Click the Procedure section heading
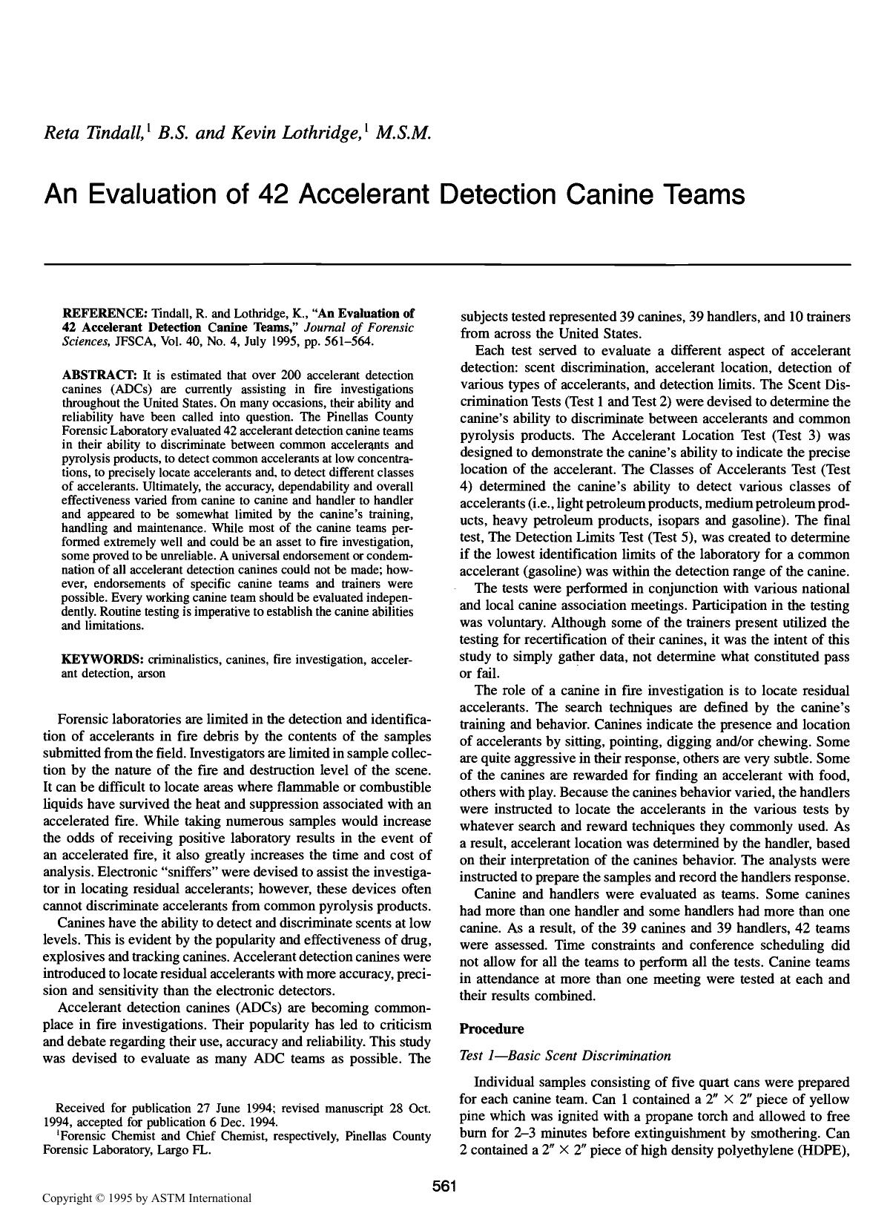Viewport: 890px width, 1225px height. pyautogui.click(x=492, y=1029)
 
